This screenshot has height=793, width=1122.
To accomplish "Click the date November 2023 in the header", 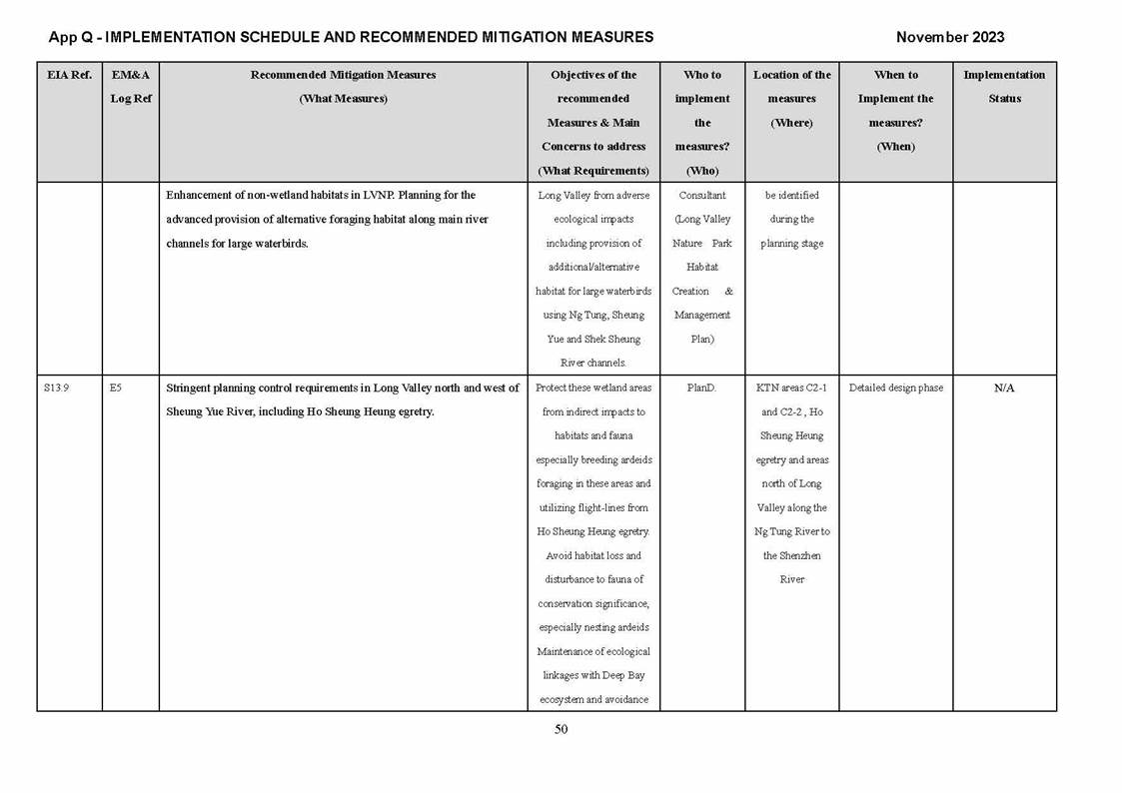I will tap(949, 37).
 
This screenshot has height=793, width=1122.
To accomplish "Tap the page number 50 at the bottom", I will tap(561, 729).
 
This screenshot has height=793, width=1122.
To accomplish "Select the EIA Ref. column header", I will tap(69, 75).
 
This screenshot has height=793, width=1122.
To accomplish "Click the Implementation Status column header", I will tap(1004, 87).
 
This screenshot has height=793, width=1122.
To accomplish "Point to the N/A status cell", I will tap(1004, 389).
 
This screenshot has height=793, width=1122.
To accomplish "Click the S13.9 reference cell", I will tap(56, 389).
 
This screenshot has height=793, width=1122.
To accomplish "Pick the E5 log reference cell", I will tap(116, 389).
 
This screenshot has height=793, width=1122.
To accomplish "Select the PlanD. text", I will tap(701, 389).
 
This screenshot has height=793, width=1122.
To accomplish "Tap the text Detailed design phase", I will tap(895, 389).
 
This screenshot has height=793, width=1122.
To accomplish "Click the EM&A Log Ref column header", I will tap(131, 87).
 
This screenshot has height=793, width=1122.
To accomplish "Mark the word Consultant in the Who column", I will tap(702, 196).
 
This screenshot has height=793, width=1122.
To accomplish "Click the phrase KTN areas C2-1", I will tap(791, 389).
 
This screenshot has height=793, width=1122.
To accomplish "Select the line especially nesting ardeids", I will tap(593, 627).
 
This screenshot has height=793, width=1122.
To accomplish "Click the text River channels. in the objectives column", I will tap(593, 364).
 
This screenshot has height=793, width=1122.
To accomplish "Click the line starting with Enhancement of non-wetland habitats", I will tap(320, 196).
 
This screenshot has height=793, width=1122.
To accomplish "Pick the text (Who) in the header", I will tap(702, 171).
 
